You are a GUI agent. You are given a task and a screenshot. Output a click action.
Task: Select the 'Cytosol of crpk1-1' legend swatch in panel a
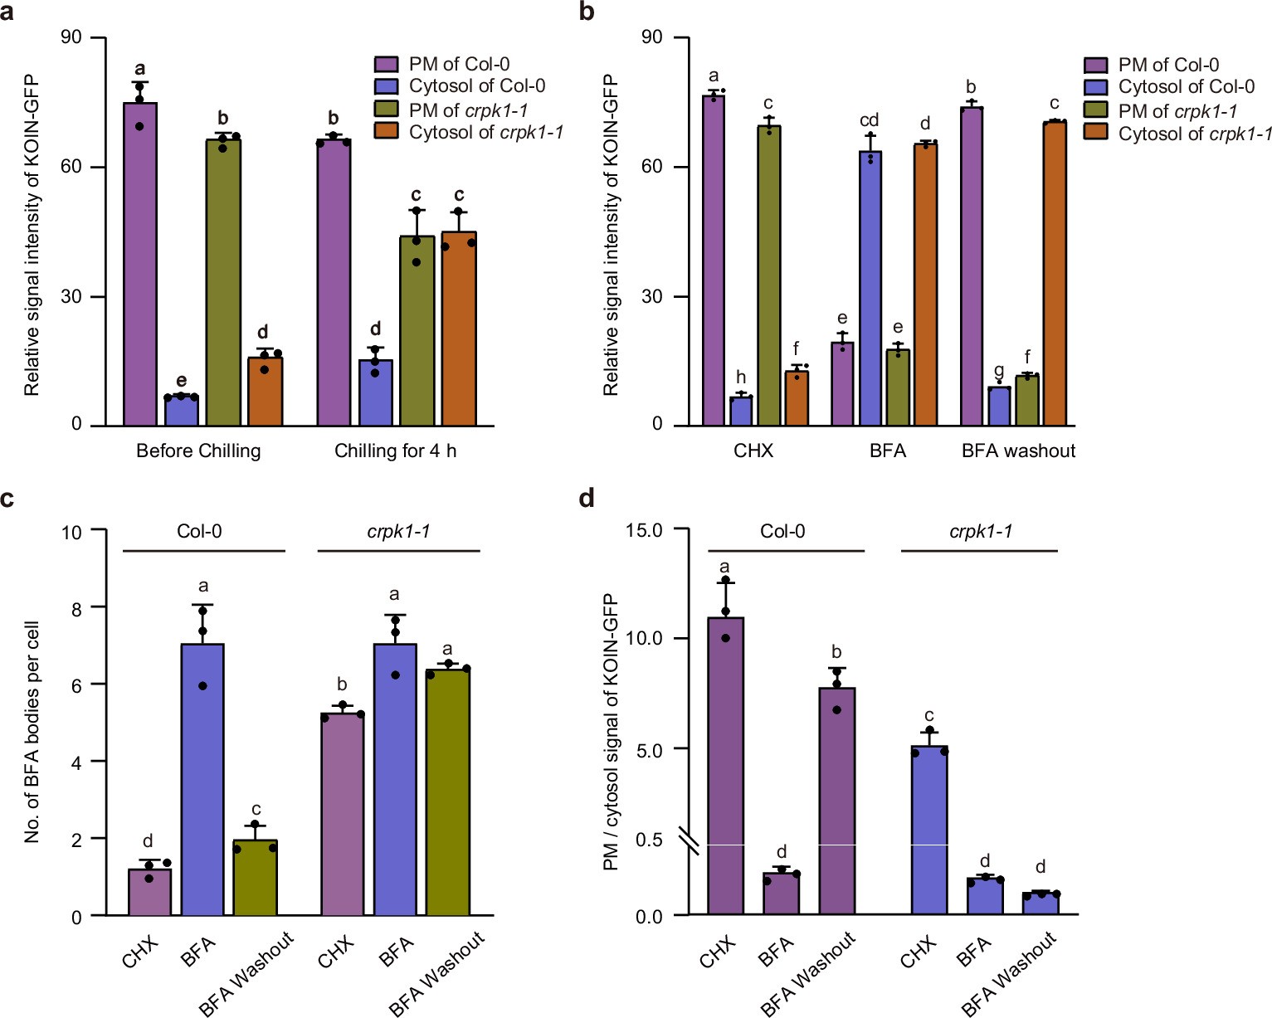(x=386, y=131)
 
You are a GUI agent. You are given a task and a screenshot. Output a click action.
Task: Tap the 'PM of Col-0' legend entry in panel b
(x=1167, y=65)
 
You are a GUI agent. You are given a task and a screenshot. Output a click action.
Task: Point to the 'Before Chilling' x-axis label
(x=198, y=451)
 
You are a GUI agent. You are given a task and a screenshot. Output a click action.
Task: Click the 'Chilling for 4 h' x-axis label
(x=395, y=451)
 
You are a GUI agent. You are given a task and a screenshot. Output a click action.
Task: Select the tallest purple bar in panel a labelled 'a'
(x=140, y=265)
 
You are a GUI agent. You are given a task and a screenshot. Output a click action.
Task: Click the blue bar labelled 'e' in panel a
(x=181, y=411)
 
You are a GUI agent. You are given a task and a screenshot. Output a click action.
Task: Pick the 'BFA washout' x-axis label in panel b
(x=1018, y=451)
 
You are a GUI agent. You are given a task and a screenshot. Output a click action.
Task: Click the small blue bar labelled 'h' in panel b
(x=741, y=412)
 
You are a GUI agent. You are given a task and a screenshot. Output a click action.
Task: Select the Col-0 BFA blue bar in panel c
(x=202, y=780)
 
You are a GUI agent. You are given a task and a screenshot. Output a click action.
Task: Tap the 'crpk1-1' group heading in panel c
(x=398, y=532)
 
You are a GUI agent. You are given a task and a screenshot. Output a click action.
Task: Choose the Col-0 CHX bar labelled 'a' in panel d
(x=725, y=763)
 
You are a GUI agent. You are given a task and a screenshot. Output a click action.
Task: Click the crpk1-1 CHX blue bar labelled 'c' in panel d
(x=929, y=830)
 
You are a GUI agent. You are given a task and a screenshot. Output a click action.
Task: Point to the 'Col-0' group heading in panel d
(x=782, y=532)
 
